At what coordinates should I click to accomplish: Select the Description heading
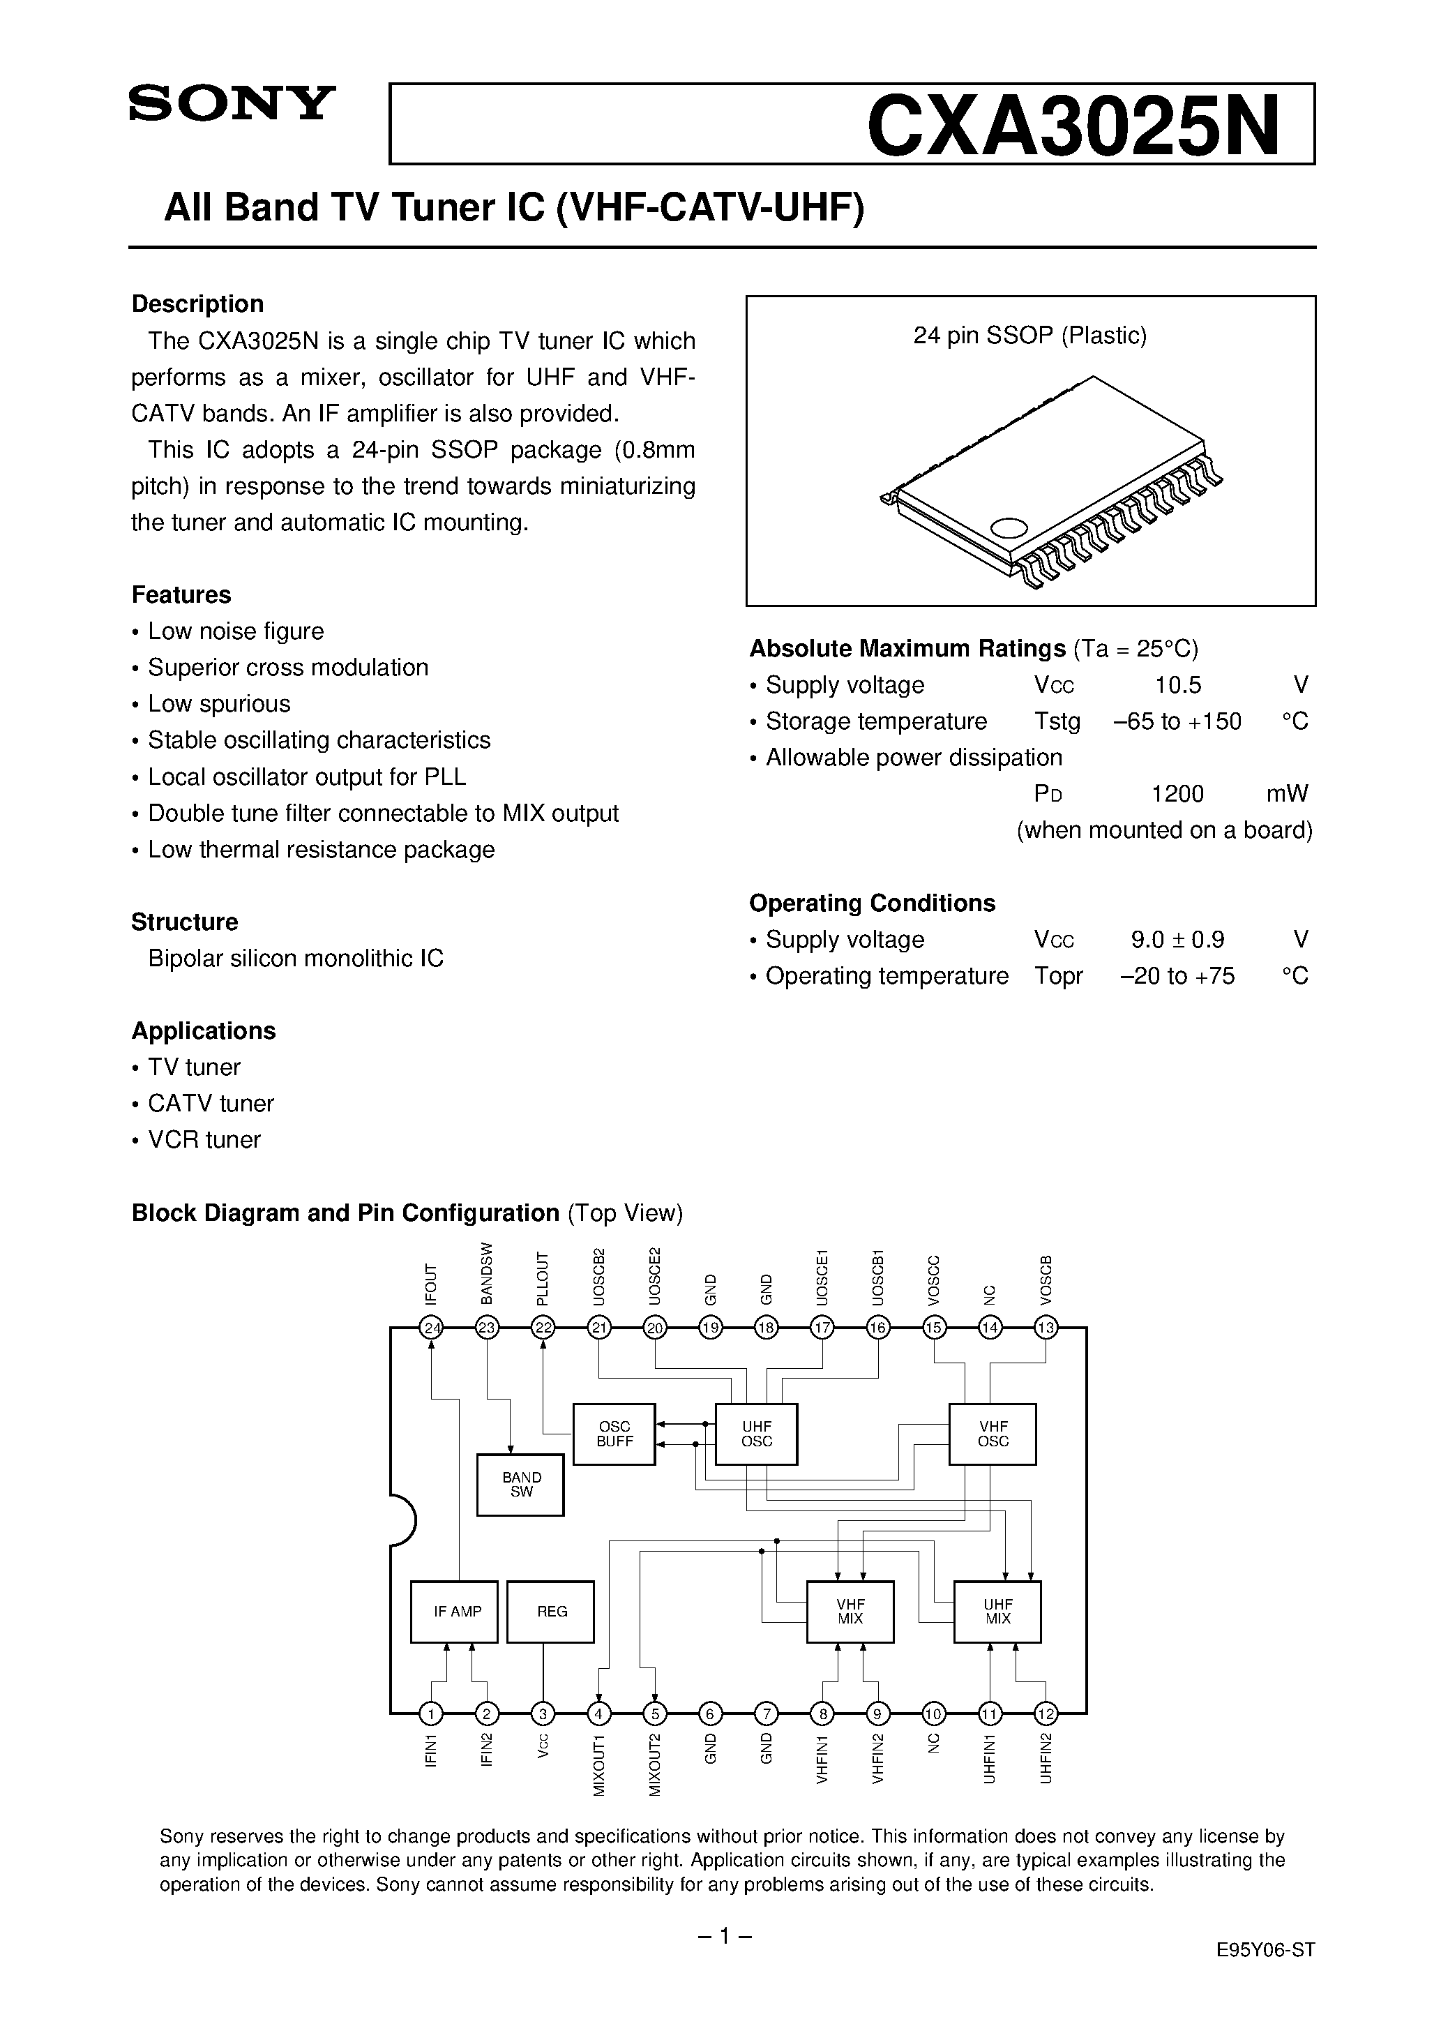197,304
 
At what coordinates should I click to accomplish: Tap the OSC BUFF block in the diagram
614,1434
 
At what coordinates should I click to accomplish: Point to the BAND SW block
520,1485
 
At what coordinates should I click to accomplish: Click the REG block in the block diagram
551,1612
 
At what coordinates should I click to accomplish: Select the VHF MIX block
850,1612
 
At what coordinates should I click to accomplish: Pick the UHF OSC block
756,1434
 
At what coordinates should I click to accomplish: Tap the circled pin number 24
432,1328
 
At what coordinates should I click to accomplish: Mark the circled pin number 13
1046,1328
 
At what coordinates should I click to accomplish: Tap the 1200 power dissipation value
1177,793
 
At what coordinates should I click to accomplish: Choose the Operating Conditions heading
872,903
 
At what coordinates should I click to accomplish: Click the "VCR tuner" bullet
204,1140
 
